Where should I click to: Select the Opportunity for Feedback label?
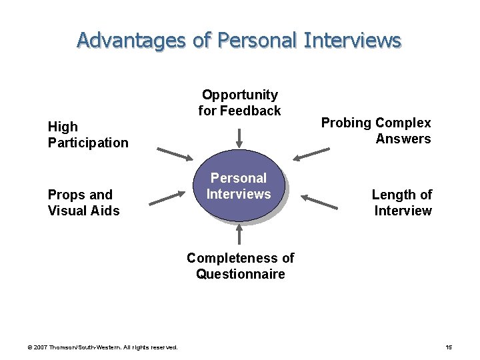click(x=239, y=103)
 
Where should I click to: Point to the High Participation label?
click(x=88, y=134)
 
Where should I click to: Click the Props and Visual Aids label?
click(x=84, y=203)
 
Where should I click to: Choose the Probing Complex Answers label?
click(x=376, y=131)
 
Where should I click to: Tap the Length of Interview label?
click(x=402, y=203)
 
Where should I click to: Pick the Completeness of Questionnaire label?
click(x=240, y=266)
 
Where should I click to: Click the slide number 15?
click(x=448, y=347)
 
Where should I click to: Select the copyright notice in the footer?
click(x=102, y=347)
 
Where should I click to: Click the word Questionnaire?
click(x=240, y=274)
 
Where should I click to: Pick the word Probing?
click(x=346, y=123)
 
